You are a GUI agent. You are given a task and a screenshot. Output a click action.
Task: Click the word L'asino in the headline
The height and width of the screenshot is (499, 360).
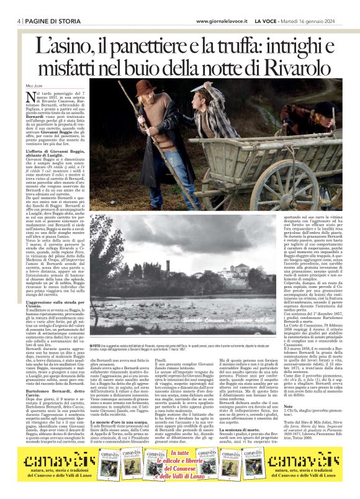(x=65, y=46)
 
